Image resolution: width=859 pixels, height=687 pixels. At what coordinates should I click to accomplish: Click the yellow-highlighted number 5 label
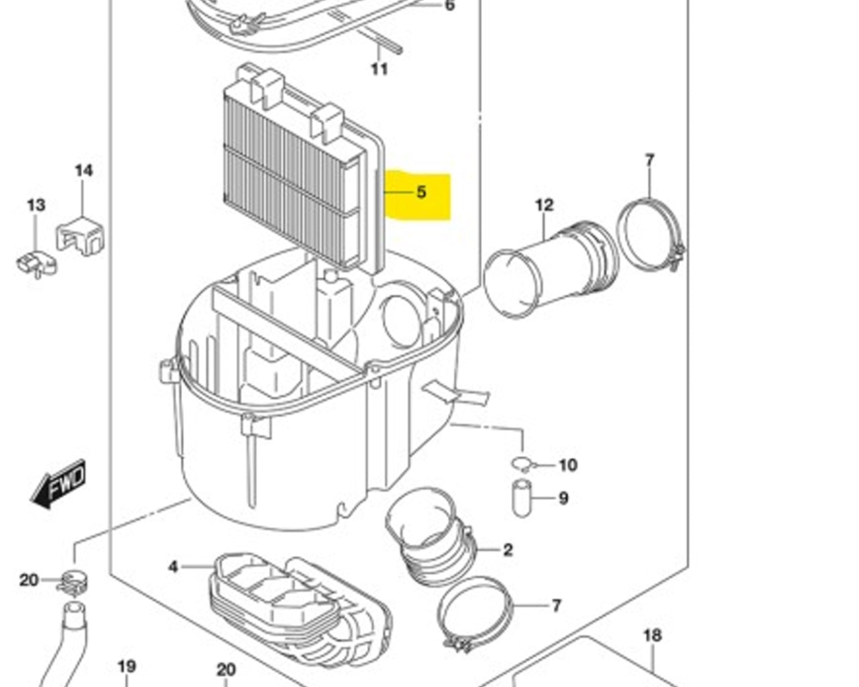[421, 193]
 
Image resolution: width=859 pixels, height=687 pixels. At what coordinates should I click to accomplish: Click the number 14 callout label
[83, 170]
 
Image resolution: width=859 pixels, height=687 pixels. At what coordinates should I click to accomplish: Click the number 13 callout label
[36, 205]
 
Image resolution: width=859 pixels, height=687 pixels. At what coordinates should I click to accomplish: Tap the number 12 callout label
[544, 205]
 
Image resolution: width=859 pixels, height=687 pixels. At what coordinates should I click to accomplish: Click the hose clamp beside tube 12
[650, 235]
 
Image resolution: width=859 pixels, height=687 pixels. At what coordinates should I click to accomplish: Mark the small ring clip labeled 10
[521, 463]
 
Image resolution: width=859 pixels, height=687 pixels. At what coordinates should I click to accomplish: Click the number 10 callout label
[568, 465]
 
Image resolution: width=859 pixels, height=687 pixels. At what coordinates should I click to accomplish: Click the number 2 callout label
[508, 550]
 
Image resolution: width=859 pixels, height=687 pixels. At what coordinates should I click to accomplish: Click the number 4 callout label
[173, 567]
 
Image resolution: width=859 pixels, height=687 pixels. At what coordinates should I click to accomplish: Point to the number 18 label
[652, 635]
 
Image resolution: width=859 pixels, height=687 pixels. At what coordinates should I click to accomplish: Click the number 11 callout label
[379, 69]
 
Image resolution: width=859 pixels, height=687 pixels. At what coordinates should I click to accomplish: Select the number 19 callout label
[127, 666]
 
